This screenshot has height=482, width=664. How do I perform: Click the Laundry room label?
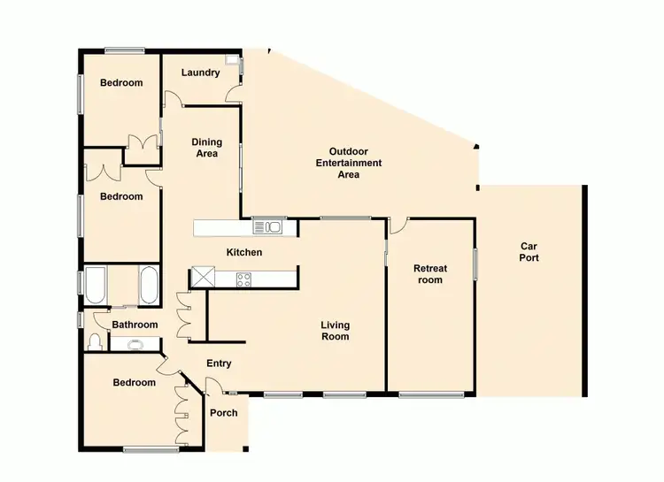point(200,73)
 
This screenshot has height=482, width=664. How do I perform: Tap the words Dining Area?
point(207,148)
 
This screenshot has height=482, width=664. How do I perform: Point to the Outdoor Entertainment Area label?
point(349,163)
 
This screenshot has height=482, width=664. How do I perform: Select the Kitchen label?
point(244,253)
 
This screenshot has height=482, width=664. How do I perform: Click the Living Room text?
point(335,331)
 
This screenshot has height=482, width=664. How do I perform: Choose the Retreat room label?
point(430,274)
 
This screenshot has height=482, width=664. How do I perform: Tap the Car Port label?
point(529,252)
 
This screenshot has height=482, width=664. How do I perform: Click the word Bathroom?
point(135,325)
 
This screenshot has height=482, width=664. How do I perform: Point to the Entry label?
point(219,363)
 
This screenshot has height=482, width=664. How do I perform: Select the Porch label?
point(223,413)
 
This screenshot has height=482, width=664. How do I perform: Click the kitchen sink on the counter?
point(267,228)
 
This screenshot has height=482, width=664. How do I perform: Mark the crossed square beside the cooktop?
point(203,278)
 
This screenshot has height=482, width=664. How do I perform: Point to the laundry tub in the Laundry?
point(233,63)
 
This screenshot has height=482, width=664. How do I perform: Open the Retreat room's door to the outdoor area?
point(398,226)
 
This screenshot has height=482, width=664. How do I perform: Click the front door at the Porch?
point(212,385)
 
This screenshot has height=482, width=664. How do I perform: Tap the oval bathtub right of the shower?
point(149,285)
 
